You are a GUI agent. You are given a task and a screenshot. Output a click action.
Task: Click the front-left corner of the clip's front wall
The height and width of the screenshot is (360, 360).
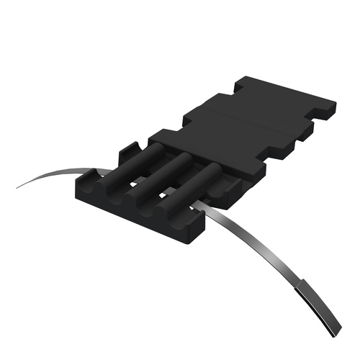[78, 190]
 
